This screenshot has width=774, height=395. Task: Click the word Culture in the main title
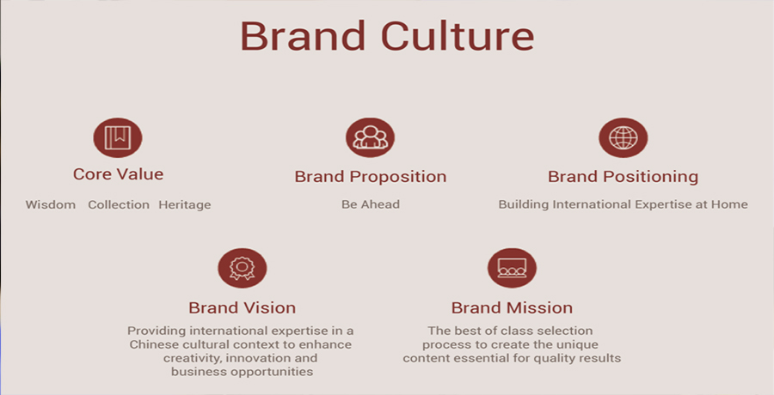point(458,35)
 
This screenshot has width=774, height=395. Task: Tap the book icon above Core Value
point(118,137)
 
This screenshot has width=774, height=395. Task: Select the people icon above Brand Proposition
point(370,137)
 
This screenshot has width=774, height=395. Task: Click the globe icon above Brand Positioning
point(623,137)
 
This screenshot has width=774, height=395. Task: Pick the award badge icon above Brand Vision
point(243,268)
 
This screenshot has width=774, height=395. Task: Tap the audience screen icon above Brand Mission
point(512,268)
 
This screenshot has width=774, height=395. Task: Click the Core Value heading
point(118,174)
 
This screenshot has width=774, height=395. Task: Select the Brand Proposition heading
point(370,177)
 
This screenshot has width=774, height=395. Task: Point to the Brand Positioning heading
point(623,177)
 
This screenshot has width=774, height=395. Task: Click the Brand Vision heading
point(242,307)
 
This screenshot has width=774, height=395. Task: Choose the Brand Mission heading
point(512,307)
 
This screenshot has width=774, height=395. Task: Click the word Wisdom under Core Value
point(51,204)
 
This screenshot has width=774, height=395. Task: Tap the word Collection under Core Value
point(119,204)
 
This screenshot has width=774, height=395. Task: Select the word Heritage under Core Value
point(185,205)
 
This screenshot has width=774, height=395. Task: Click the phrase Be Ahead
point(370,204)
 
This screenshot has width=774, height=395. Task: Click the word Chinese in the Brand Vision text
point(150,344)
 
